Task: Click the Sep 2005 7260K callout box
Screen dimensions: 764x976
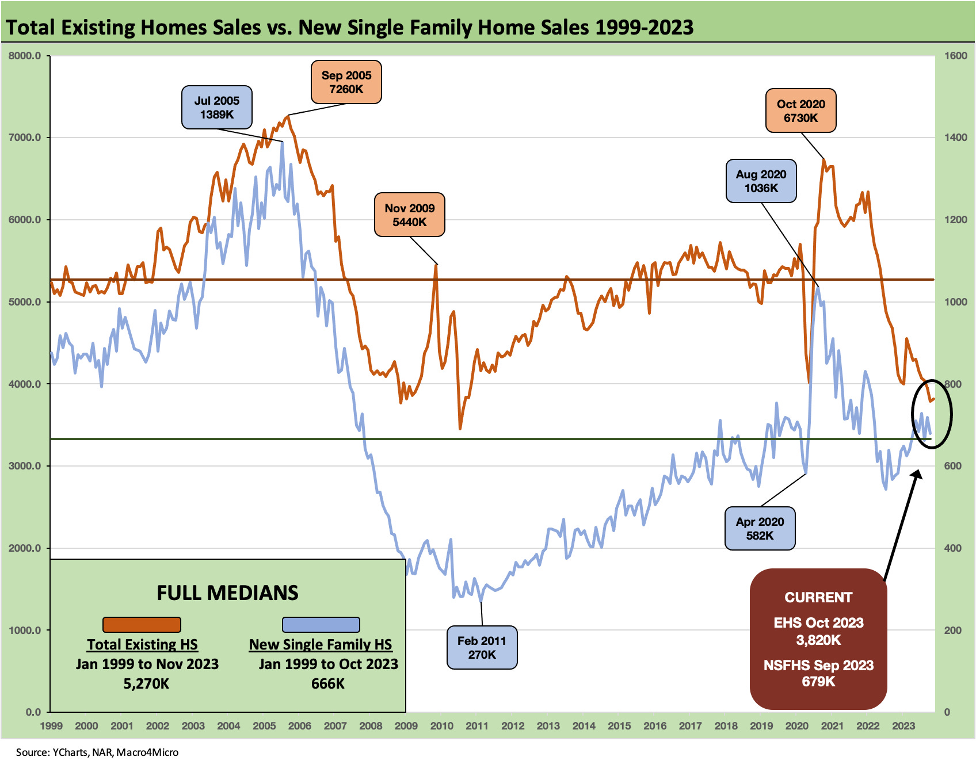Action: tap(346, 82)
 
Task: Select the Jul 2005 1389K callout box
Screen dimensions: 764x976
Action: tap(216, 108)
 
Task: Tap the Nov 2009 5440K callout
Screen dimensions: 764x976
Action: tap(409, 215)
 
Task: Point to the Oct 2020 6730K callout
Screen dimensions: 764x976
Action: tap(800, 110)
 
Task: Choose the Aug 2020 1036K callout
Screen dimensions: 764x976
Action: tap(761, 181)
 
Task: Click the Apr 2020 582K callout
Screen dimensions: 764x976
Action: tap(760, 528)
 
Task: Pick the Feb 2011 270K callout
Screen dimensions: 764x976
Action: tap(482, 647)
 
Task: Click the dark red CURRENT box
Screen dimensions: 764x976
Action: tap(818, 639)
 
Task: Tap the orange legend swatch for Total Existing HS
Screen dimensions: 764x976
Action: tap(142, 624)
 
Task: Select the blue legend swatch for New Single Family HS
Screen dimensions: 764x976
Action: tap(321, 624)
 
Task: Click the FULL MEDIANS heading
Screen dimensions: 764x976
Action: tap(227, 593)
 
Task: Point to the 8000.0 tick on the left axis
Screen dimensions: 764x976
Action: tap(25, 56)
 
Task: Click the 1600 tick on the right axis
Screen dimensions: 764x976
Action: tap(955, 56)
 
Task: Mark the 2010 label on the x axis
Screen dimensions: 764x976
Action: tap(441, 725)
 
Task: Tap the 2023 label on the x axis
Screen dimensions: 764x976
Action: tap(903, 725)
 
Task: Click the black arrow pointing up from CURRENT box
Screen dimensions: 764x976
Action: tap(902, 524)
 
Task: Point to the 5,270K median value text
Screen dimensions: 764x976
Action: tap(146, 683)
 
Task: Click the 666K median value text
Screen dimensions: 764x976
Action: tap(327, 683)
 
